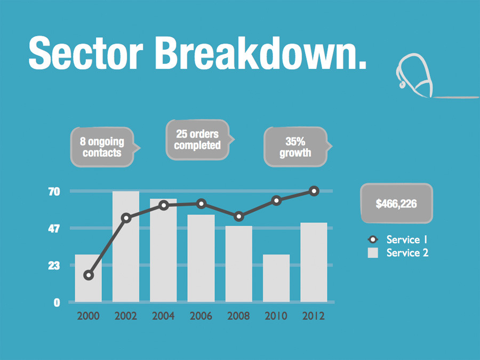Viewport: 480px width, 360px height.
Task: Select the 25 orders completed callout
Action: pos(197,140)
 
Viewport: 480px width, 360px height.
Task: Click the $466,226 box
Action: pos(396,203)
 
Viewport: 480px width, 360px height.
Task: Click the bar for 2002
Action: pos(126,256)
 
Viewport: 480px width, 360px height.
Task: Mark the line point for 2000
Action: pos(89,275)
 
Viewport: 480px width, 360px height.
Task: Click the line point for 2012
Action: pos(314,191)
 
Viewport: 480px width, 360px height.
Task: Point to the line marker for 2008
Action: pos(239,216)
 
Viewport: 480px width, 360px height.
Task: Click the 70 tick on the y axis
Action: pos(54,191)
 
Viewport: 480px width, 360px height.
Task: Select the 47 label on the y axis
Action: pos(54,229)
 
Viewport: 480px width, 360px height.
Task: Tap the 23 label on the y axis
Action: pos(54,266)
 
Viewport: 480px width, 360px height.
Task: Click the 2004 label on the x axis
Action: pos(163,316)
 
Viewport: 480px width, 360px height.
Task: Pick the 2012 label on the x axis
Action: pos(314,316)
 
